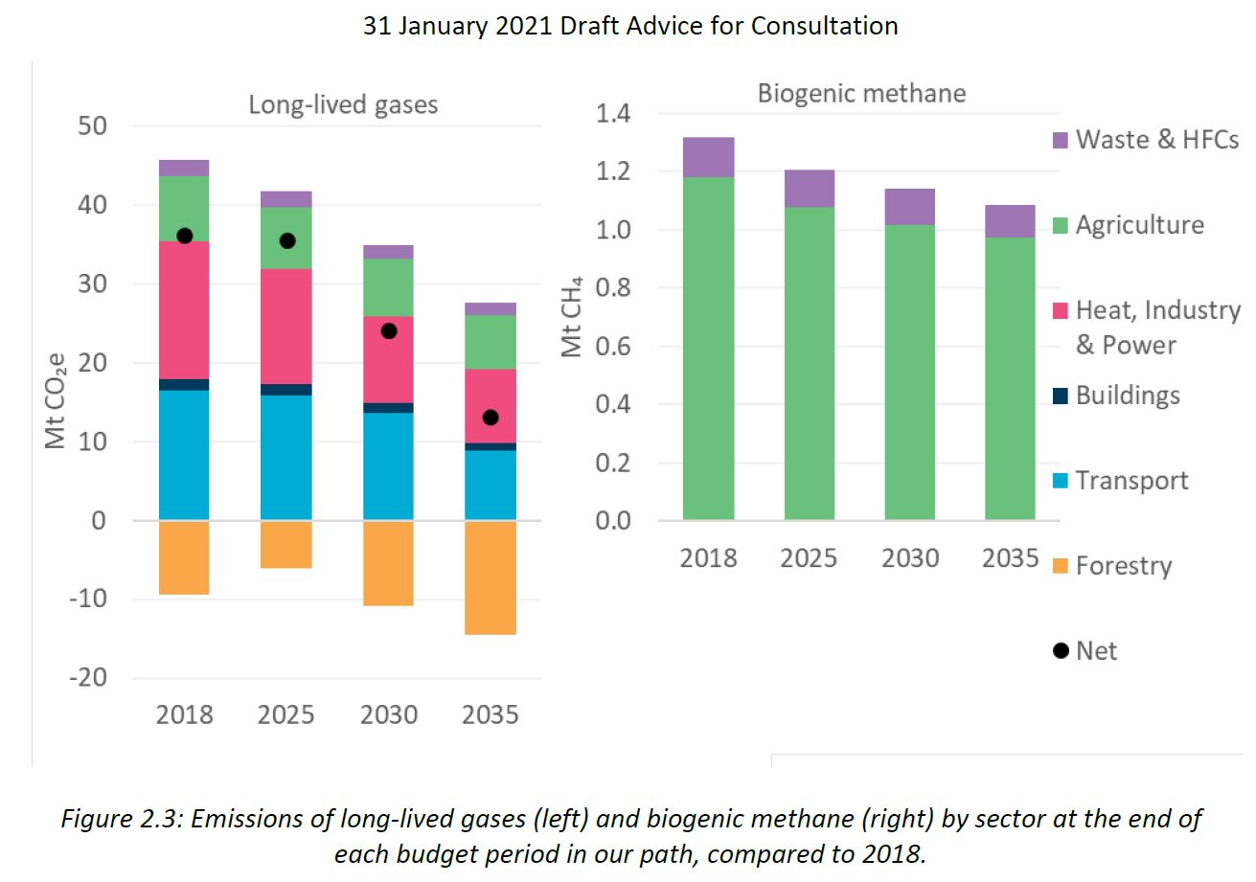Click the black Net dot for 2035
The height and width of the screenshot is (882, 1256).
click(x=491, y=418)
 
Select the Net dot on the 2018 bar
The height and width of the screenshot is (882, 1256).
click(x=184, y=236)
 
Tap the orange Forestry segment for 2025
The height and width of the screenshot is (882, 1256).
click(x=286, y=544)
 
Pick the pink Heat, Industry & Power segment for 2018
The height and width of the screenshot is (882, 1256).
click(x=184, y=310)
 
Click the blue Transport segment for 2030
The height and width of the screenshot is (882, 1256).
click(x=388, y=466)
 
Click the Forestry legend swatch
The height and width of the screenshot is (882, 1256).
click(x=1060, y=565)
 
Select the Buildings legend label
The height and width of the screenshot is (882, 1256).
click(x=1128, y=395)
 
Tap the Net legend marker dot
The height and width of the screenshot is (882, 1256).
click(x=1060, y=651)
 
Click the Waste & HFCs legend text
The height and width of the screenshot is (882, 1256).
click(x=1157, y=140)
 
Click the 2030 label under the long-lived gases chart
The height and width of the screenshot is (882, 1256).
click(x=389, y=715)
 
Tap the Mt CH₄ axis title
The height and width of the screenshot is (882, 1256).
click(x=572, y=317)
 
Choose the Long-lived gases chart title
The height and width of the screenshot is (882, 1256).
click(x=343, y=103)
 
